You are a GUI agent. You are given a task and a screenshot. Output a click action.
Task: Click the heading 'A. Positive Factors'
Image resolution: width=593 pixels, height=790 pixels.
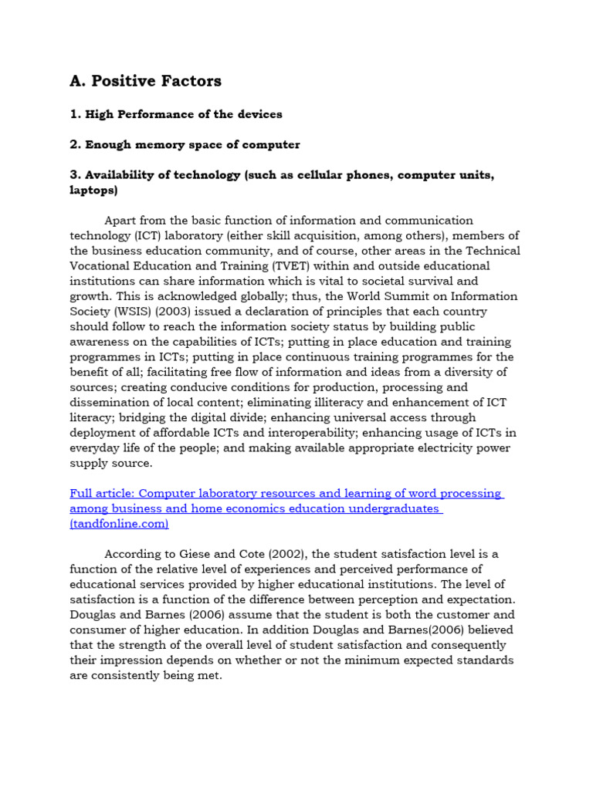point(145,81)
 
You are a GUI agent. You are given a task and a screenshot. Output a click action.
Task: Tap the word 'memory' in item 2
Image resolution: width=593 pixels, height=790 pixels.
point(168,144)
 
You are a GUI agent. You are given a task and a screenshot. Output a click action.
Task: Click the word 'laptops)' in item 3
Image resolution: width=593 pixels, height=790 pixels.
point(93,189)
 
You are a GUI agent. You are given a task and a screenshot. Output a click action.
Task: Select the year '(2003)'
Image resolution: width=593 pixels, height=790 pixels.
point(185,311)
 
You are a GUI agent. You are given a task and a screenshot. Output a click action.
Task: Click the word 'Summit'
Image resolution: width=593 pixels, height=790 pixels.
point(396,295)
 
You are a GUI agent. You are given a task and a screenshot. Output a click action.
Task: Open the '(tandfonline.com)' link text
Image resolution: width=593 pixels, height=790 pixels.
point(119,523)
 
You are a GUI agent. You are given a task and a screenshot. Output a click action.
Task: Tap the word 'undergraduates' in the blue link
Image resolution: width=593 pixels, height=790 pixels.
point(393,508)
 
